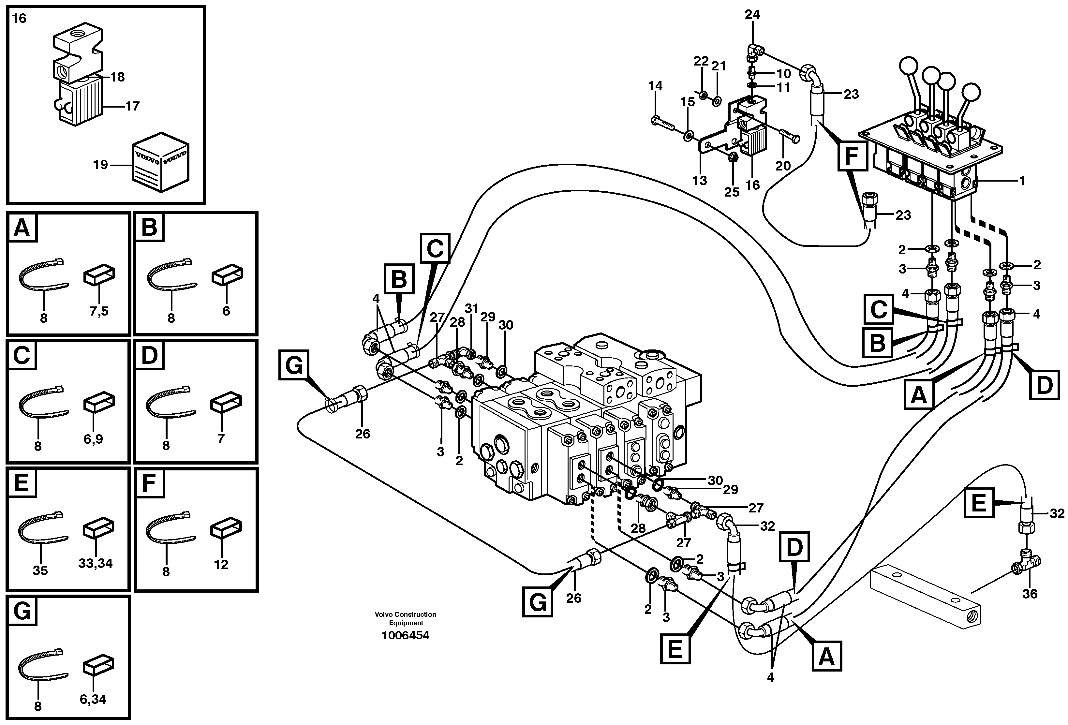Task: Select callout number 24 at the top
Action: [x=752, y=15]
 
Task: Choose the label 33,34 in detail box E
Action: [x=95, y=563]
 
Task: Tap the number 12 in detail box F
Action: [x=221, y=564]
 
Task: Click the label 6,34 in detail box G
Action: [x=93, y=699]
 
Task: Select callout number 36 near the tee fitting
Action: [x=1030, y=594]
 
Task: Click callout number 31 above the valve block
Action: [x=471, y=309]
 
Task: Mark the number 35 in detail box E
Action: [x=40, y=570]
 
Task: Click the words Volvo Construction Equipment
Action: [x=405, y=618]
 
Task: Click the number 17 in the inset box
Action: [x=132, y=106]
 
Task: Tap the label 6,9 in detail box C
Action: [x=93, y=439]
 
